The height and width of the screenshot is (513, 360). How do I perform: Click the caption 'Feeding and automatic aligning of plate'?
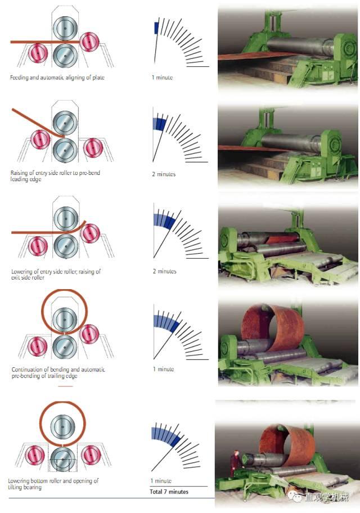(57, 78)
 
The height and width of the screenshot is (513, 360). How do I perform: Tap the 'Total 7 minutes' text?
(169, 492)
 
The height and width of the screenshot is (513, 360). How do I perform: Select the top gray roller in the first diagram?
(65, 29)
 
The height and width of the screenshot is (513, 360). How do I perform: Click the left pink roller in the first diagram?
(38, 53)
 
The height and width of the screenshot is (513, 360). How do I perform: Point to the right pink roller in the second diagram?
(93, 147)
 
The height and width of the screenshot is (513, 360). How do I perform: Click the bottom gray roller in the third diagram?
(66, 246)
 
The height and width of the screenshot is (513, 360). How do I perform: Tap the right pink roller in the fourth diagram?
(89, 334)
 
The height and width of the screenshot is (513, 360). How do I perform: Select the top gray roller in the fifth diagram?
(62, 426)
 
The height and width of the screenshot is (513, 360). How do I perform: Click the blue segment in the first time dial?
(156, 28)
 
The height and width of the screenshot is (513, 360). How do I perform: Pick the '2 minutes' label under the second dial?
(164, 174)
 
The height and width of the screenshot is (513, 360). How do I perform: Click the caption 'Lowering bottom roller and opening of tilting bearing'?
(53, 484)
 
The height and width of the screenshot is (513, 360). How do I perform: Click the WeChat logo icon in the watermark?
(296, 497)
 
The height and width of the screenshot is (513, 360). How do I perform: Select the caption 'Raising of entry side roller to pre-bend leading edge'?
(55, 175)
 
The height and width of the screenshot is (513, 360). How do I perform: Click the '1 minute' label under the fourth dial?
(163, 369)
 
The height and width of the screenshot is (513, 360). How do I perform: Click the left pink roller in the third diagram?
(38, 246)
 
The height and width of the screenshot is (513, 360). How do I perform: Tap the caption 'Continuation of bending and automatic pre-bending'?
(58, 372)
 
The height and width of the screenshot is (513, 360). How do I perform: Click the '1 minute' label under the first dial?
(162, 78)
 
